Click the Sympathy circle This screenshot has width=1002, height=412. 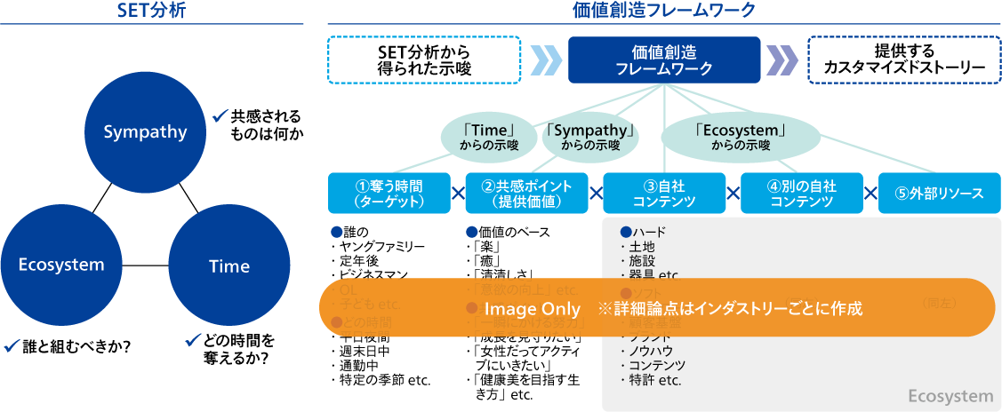click(146, 132)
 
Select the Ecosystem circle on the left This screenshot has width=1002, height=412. click(61, 264)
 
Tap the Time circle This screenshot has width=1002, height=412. click(228, 265)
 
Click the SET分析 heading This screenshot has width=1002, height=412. click(151, 11)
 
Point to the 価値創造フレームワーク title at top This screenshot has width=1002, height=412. click(664, 11)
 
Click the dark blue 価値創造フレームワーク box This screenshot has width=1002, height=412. click(664, 59)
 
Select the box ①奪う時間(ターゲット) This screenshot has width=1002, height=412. click(389, 194)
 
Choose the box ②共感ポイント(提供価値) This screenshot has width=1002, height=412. click(526, 194)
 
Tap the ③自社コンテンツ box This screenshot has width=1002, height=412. click(664, 194)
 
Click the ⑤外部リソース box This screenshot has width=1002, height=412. click(939, 194)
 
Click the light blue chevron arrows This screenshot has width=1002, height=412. click(544, 59)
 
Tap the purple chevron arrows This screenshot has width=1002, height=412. click(782, 59)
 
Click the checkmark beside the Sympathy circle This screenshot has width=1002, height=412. click(220, 115)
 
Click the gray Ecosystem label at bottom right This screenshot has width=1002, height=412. click(950, 396)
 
